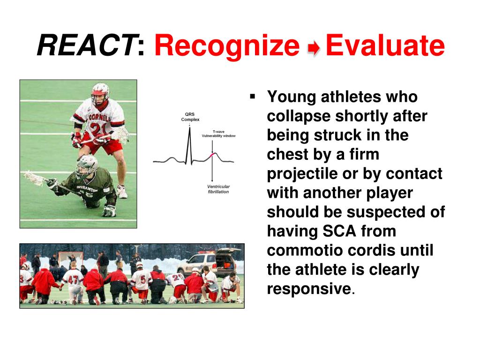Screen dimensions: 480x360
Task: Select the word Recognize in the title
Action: pos(227,45)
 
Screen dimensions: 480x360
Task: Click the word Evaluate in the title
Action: pos(385,45)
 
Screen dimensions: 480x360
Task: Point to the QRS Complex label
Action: pos(190,117)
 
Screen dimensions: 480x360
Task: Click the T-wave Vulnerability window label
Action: pos(218,134)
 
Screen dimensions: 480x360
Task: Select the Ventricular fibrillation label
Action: pos(218,189)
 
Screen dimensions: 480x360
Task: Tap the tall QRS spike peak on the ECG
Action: pos(189,128)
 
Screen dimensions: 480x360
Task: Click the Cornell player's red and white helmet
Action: pos(100,92)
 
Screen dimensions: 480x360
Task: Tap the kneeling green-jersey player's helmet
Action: pos(86,165)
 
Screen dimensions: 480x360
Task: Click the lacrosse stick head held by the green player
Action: pos(33,178)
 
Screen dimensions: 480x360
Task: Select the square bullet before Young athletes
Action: pos(253,97)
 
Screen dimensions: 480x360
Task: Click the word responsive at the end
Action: pos(309,289)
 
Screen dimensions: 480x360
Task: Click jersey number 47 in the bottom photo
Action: pos(73,279)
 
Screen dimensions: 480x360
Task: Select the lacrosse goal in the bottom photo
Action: pos(71,259)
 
